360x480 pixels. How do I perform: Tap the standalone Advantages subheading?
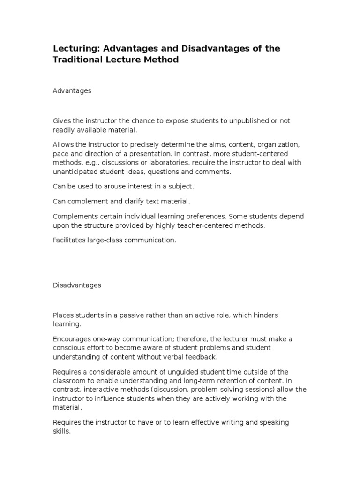pyautogui.click(x=72, y=91)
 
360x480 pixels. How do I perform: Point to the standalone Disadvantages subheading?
pyautogui.click(x=77, y=285)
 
